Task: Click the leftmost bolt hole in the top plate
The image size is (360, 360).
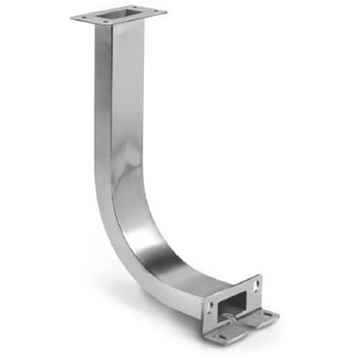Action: (84, 17)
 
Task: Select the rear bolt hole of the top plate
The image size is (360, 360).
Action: (135, 7)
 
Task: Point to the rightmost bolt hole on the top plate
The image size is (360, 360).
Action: (156, 11)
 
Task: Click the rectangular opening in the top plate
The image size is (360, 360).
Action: (120, 14)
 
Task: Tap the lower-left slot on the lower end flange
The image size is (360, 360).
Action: (211, 307)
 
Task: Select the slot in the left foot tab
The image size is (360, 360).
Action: (222, 337)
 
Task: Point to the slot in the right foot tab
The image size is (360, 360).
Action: (268, 314)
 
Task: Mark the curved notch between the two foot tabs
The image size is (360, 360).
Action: (238, 323)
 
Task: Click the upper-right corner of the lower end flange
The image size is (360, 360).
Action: (261, 276)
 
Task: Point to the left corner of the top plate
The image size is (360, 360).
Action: (72, 17)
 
